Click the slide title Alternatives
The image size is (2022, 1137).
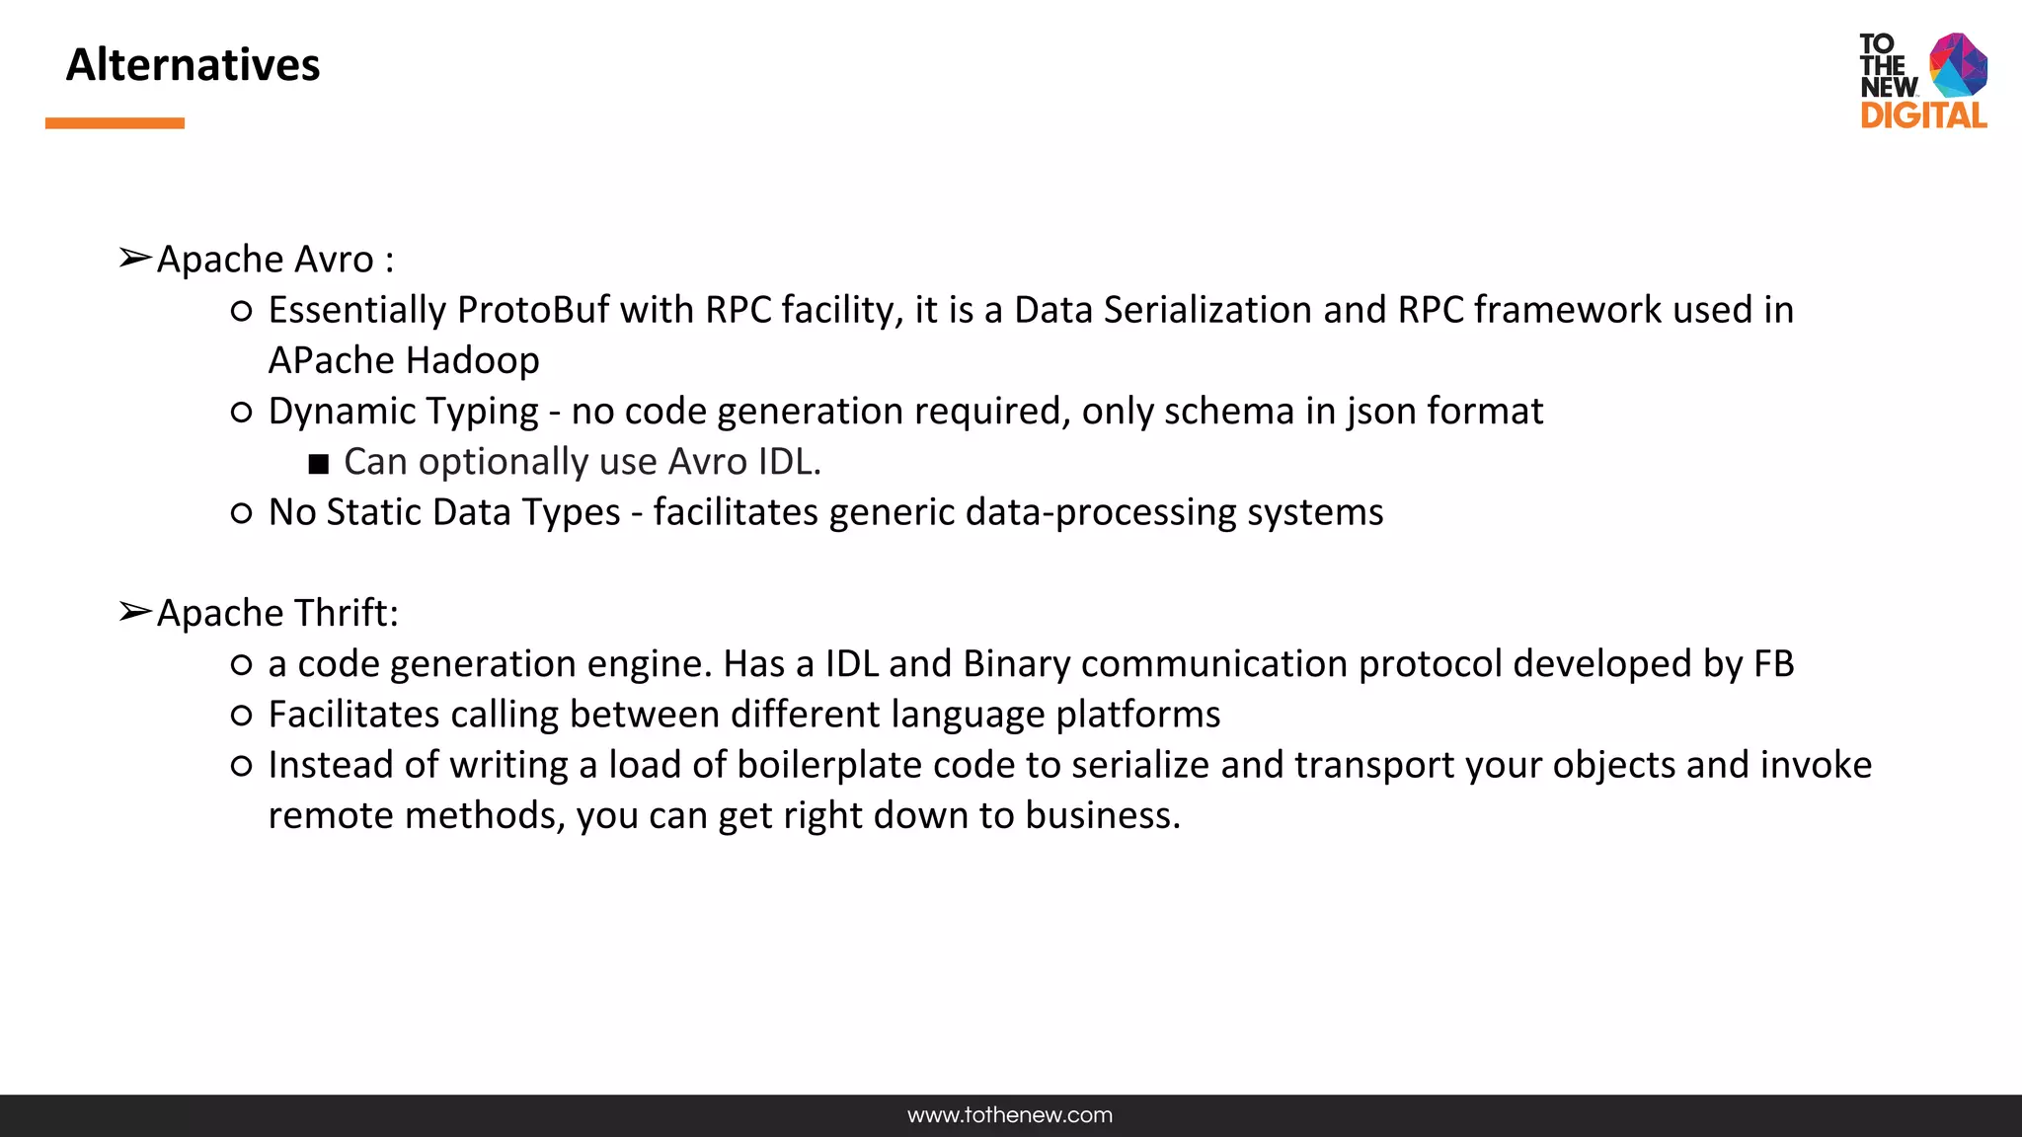pos(193,65)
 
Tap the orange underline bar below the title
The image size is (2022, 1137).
pos(115,123)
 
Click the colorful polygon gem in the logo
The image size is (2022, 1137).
pos(1959,64)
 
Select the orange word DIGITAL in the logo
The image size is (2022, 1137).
pos(1923,115)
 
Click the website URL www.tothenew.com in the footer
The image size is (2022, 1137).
pos(1010,1115)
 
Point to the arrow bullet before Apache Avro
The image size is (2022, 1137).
pos(134,259)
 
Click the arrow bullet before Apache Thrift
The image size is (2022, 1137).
pos(134,612)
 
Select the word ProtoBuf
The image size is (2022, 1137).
pos(534,310)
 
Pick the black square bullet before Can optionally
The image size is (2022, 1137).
pos(318,464)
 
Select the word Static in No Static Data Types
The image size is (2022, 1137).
pos(374,512)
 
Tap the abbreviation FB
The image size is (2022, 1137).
pos(1773,664)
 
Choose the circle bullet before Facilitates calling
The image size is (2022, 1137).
pos(241,715)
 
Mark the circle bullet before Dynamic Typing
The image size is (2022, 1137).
pos(241,412)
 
